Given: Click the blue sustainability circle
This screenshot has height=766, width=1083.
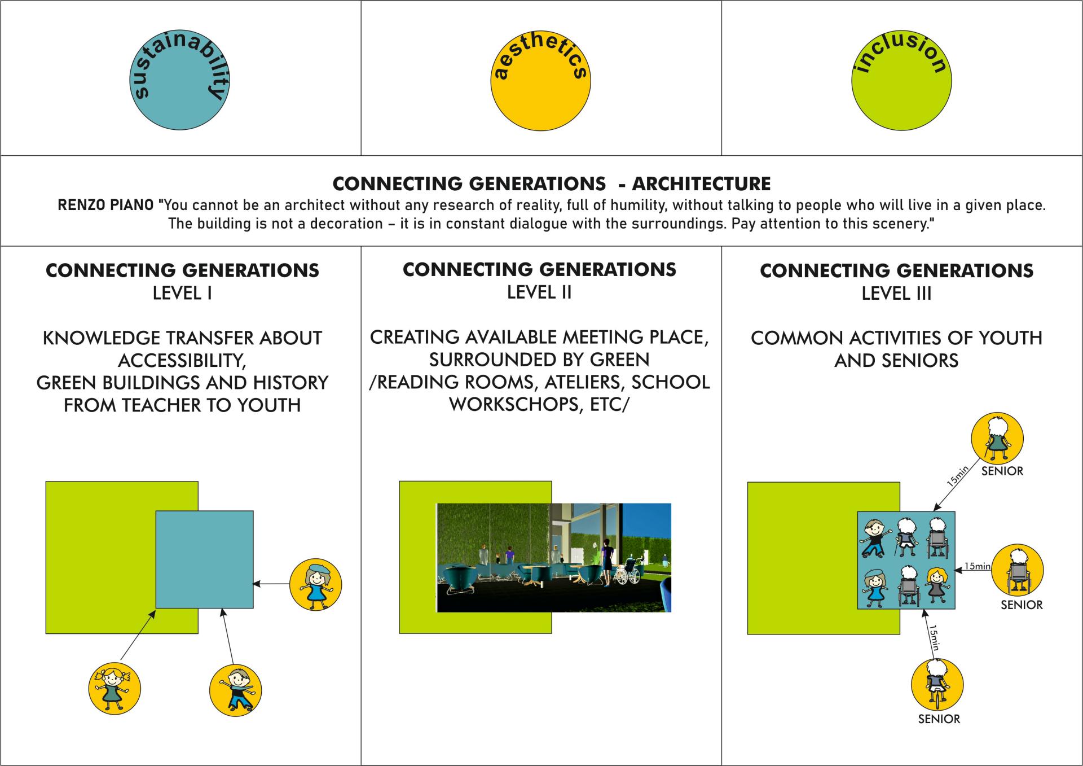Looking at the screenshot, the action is point(180,80).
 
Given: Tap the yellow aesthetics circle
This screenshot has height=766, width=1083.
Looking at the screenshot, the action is point(540,80).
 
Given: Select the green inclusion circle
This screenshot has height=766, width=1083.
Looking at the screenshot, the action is point(901,80).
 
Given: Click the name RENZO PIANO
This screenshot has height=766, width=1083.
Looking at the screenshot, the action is point(105,205).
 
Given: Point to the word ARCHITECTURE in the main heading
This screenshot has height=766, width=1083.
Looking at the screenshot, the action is point(701,183).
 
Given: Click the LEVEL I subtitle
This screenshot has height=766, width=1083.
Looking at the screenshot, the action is point(182,294).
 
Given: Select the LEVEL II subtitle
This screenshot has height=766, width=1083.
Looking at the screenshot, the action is point(539,292).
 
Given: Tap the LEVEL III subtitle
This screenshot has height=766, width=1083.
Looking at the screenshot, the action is point(896,294).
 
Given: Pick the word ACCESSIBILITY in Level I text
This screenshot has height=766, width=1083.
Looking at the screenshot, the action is point(182,360).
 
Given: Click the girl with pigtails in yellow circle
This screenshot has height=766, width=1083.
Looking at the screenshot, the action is point(115,689).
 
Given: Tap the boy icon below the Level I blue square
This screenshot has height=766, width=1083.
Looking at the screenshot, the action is point(235,690).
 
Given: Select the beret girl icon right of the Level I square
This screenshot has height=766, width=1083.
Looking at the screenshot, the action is point(315,584).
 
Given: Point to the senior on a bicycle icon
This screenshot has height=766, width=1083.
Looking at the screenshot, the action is point(937,685).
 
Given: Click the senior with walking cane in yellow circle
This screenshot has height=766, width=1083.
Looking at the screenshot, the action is point(997,438).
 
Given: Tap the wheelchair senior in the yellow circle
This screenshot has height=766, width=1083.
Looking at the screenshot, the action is point(1017,570).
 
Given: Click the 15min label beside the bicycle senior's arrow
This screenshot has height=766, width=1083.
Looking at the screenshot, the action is point(935,637).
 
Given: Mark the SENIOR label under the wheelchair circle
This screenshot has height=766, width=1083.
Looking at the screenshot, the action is point(1022,605).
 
